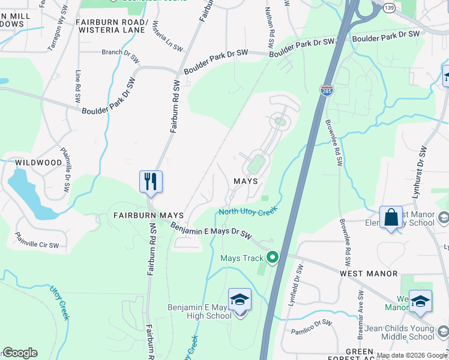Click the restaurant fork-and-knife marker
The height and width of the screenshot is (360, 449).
tap(151, 181)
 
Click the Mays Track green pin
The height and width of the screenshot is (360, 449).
tap(273, 258)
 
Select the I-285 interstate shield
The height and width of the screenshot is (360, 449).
tap(327, 90)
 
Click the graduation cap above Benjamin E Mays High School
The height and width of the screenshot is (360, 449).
tap(240, 299)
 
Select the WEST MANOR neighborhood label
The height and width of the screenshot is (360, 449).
tap(369, 273)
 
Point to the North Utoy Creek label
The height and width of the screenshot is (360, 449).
tap(247, 211)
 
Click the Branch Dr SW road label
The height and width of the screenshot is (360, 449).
tap(103, 52)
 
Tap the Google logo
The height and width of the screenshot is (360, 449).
tap(20, 353)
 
